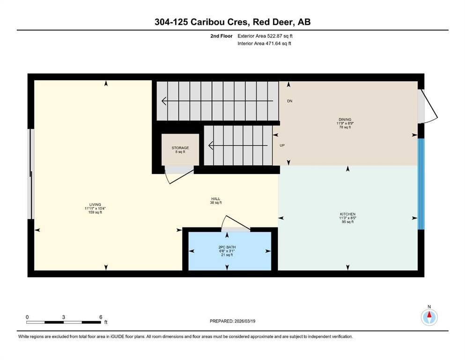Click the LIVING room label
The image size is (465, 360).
click(x=96, y=205)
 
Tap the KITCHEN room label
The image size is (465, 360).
click(x=347, y=214)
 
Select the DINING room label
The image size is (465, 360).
click(x=346, y=120)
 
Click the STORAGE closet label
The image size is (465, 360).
click(x=180, y=148)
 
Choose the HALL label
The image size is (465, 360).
click(x=215, y=199)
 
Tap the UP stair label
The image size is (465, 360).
click(x=282, y=145)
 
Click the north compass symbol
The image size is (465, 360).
click(x=429, y=317)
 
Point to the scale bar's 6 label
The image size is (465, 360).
click(x=101, y=317)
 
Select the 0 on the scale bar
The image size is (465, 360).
click(x=27, y=317)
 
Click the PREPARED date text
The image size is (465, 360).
click(x=232, y=321)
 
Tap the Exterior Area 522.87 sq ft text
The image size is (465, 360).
click(x=267, y=36)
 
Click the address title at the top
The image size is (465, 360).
click(x=232, y=22)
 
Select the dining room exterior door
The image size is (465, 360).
click(x=428, y=105)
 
